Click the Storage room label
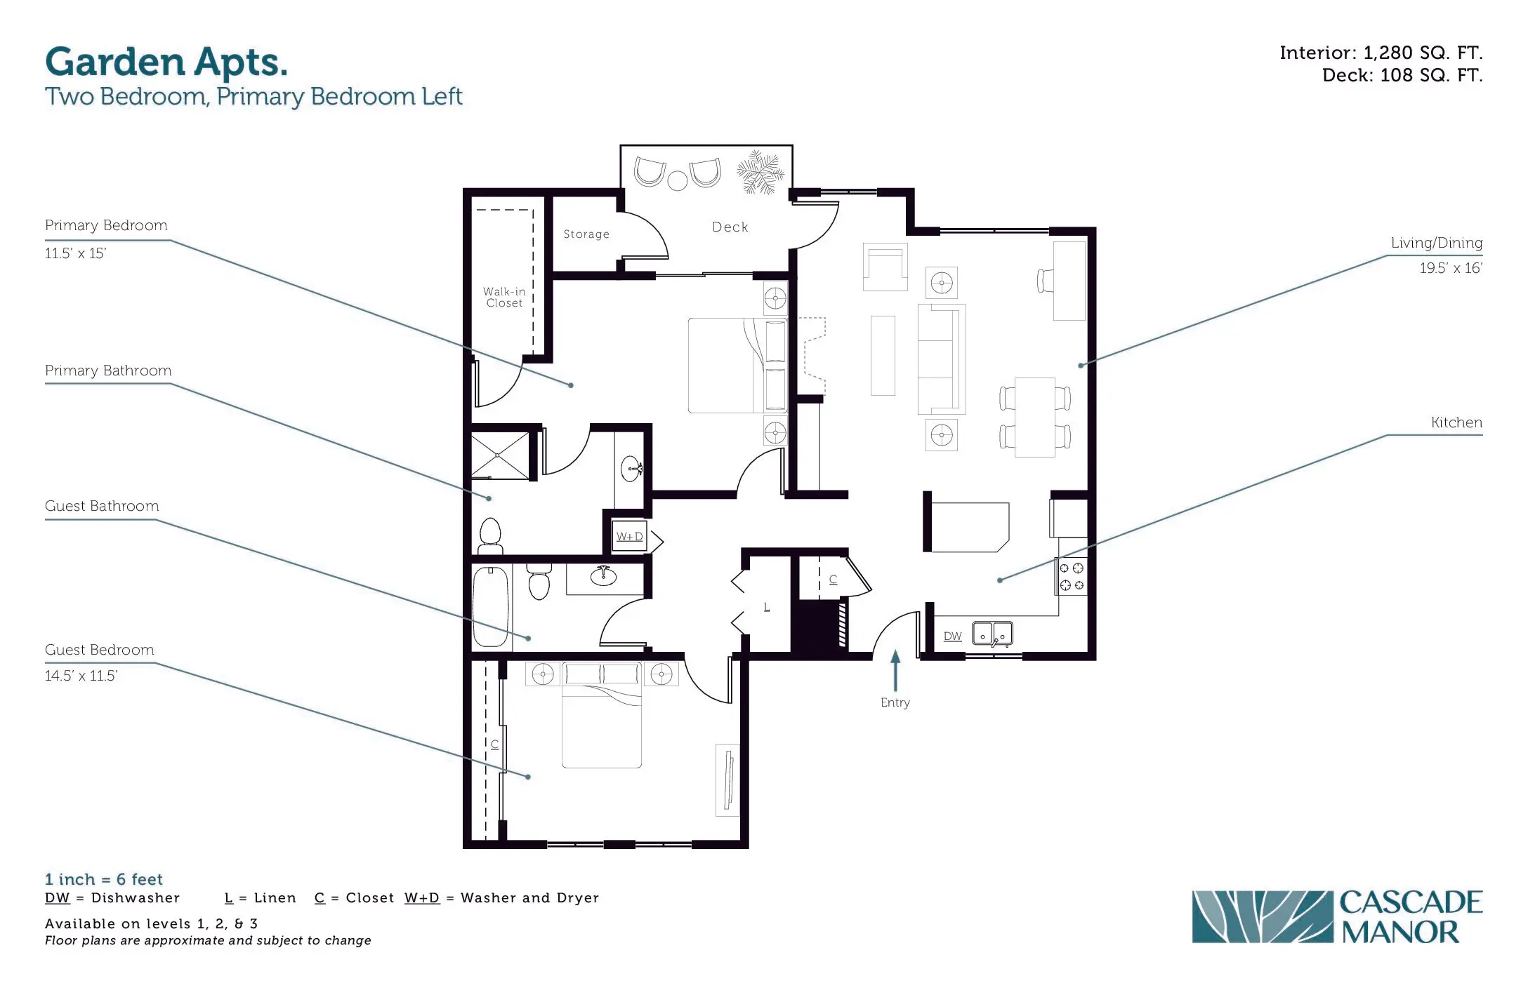[586, 234]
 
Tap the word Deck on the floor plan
[730, 227]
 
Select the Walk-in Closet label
[504, 297]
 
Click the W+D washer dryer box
[629, 536]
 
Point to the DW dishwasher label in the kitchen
[953, 636]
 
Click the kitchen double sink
[992, 634]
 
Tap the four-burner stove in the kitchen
[1072, 576]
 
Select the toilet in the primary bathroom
[490, 535]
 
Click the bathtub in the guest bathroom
[490, 606]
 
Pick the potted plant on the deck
[760, 171]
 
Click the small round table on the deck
[678, 181]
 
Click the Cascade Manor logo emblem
[1262, 916]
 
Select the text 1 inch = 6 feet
[104, 879]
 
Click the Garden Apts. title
[166, 62]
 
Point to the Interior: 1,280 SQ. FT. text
[1381, 53]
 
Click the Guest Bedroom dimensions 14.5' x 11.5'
[81, 676]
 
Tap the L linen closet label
[767, 606]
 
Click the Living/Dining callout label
[1437, 243]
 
